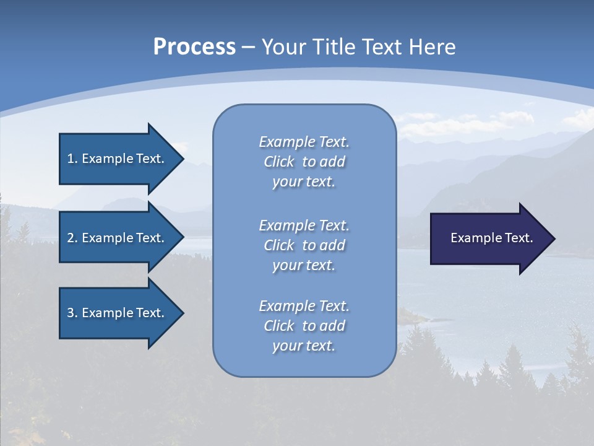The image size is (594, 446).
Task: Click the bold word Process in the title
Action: pyautogui.click(x=194, y=47)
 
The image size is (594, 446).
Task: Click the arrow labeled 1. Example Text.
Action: pyautogui.click(x=118, y=159)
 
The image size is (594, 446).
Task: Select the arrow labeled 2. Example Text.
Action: pyautogui.click(x=118, y=238)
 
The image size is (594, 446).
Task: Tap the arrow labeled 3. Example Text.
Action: pyautogui.click(x=118, y=313)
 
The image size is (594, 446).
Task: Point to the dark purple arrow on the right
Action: pyautogui.click(x=489, y=238)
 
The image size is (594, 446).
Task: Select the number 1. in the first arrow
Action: pyautogui.click(x=72, y=159)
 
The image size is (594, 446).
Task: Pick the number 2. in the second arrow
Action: pyautogui.click(x=72, y=238)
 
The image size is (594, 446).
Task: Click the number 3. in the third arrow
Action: pyautogui.click(x=72, y=313)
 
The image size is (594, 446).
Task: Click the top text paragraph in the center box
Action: pyautogui.click(x=304, y=162)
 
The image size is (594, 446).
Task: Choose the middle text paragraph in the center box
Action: pyautogui.click(x=304, y=245)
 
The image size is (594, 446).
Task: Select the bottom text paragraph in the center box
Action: pyautogui.click(x=304, y=326)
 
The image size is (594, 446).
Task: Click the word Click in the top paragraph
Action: pyautogui.click(x=279, y=162)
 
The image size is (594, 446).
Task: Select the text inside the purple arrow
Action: pyautogui.click(x=491, y=238)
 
